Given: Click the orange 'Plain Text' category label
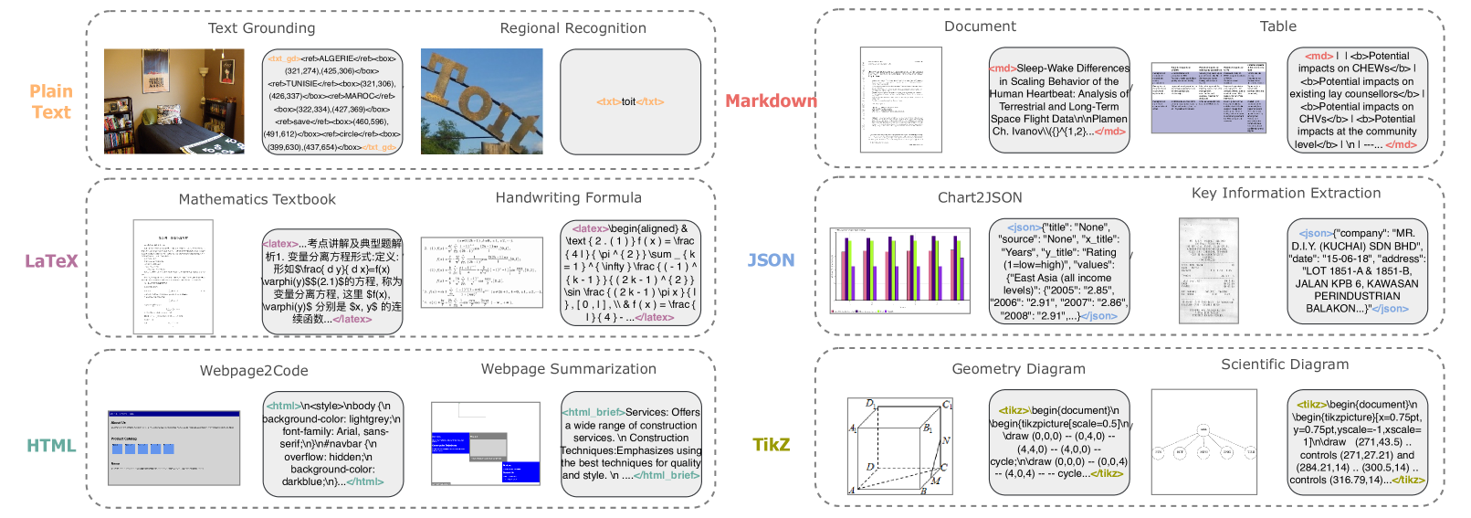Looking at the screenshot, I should tap(51, 101).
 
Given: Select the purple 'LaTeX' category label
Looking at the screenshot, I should tap(51, 261).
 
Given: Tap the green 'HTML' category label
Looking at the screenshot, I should tap(51, 446).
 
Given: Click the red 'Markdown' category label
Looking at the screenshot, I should tap(771, 101).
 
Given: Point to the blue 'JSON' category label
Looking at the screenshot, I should tap(771, 260).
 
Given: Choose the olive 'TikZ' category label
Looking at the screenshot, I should tap(771, 445).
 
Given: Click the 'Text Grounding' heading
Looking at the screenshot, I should tap(261, 28).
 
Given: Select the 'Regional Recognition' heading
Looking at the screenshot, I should tap(573, 28).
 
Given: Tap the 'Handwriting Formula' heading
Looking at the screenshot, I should tap(568, 197).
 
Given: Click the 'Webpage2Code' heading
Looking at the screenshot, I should tap(254, 371).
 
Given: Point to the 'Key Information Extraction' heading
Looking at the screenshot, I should tap(1286, 193).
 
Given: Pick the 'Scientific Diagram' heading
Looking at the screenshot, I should tap(1285, 365).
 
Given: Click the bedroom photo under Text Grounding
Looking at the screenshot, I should tap(173, 100).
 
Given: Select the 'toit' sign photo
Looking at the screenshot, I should tap(481, 100).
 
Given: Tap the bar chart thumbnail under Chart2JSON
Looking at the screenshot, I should tap(899, 270).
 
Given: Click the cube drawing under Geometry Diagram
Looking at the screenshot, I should tap(900, 446).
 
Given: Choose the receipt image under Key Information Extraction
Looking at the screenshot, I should tap(1209, 270).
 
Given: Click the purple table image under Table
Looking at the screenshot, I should tap(1209, 98).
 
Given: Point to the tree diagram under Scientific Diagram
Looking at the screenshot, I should tap(1203, 442).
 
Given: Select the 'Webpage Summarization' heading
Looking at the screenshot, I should tap(568, 369).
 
